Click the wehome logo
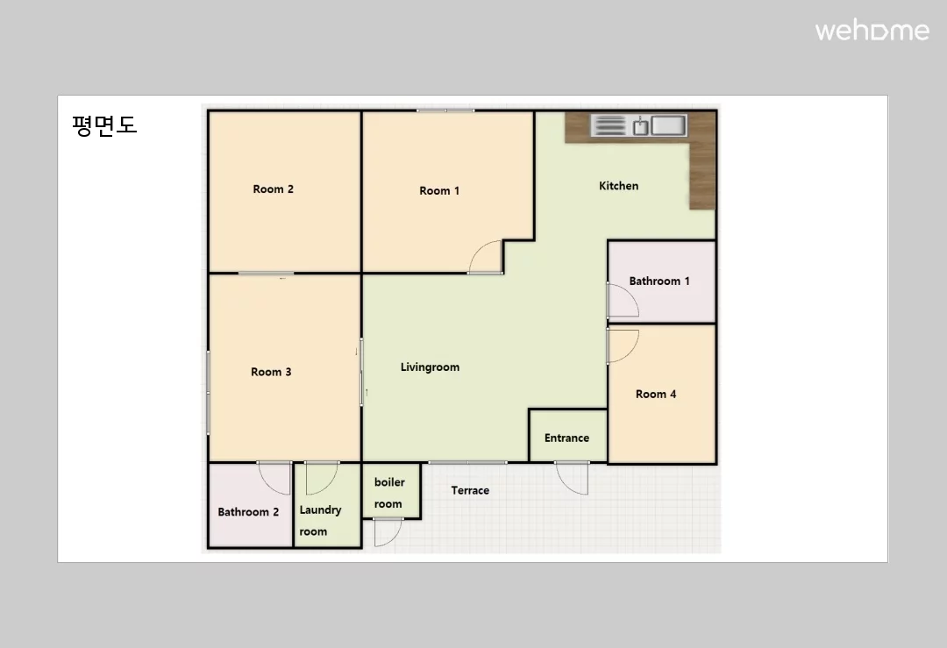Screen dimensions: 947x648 [872, 31]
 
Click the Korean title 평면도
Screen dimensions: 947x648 [104, 125]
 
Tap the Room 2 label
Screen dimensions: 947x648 [273, 189]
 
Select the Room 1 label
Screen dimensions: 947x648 [439, 191]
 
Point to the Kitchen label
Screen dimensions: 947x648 [618, 186]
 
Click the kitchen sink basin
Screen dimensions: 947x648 [668, 125]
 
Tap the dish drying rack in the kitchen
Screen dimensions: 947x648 [609, 125]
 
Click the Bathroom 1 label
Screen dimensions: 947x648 [659, 281]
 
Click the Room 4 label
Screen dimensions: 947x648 [655, 395]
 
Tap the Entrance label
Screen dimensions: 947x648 [566, 438]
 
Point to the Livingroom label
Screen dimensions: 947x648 [430, 367]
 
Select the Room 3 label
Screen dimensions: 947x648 [271, 372]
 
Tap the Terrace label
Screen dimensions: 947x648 [470, 490]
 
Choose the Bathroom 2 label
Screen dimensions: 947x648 [248, 512]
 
